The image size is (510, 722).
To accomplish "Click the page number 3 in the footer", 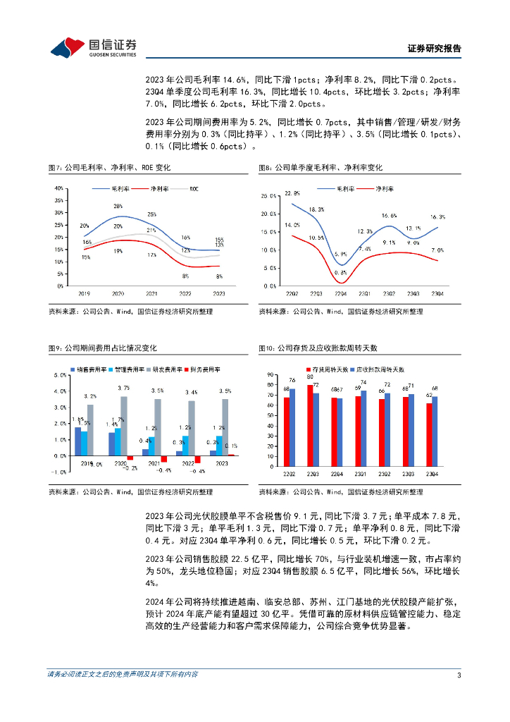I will click(x=459, y=675).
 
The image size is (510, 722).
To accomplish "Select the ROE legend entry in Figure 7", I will click(x=193, y=189).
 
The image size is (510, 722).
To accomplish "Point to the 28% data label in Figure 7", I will click(x=118, y=206).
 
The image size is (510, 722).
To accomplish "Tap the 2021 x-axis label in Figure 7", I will click(x=152, y=293).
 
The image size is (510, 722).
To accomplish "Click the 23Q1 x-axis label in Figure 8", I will click(x=364, y=293).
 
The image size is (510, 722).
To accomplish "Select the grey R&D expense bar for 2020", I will click(x=124, y=426).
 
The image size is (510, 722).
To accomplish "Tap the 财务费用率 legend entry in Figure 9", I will click(x=205, y=369).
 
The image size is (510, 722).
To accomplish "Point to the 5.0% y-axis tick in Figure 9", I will click(x=60, y=375).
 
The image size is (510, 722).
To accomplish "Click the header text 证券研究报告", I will click(x=435, y=49).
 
